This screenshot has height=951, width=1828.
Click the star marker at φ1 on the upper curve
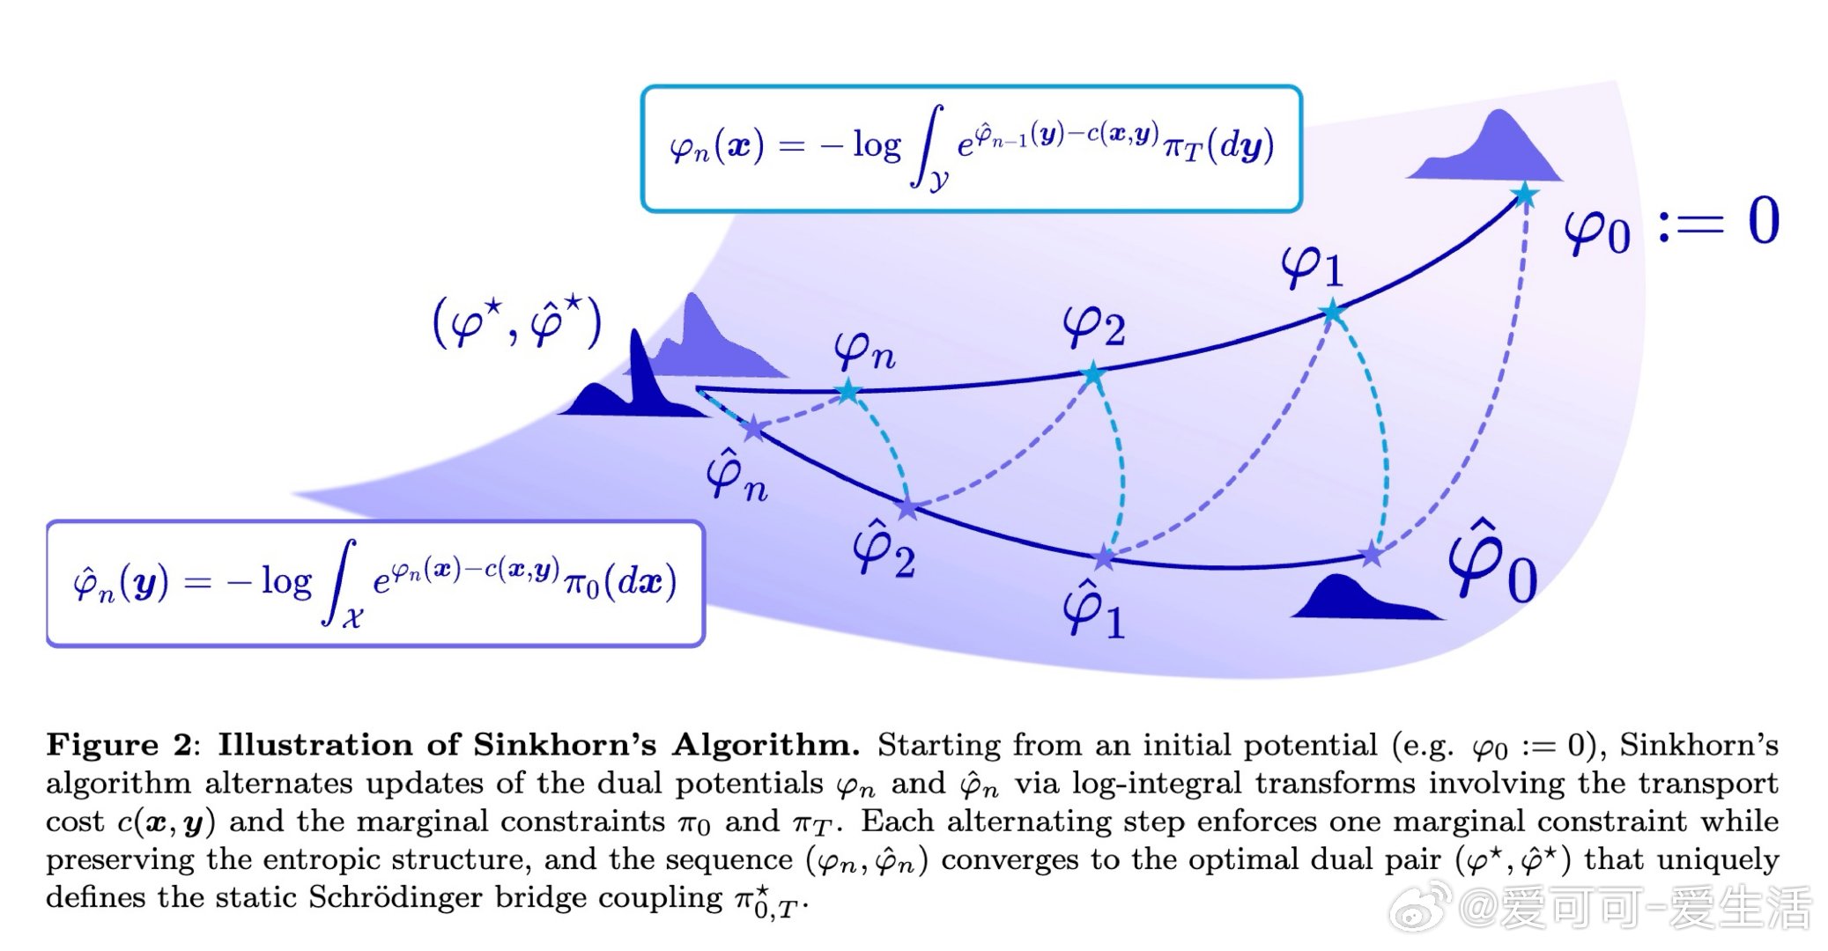click(1333, 312)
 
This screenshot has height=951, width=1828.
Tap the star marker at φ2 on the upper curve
click(1092, 374)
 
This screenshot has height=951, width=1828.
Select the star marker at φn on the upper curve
click(847, 391)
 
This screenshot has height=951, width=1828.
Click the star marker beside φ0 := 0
click(1524, 195)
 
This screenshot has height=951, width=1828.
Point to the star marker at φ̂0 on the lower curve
click(1372, 554)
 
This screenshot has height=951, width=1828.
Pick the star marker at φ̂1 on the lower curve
click(1104, 557)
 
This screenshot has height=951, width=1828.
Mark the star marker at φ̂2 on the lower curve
click(907, 507)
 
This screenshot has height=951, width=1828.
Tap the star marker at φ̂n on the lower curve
click(754, 430)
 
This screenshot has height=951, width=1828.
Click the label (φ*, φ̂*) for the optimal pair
click(516, 323)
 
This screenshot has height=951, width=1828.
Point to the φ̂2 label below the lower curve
click(883, 551)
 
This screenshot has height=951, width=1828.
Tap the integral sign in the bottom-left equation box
click(341, 583)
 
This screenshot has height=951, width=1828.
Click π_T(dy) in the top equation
click(1218, 146)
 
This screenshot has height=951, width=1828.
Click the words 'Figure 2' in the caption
click(119, 745)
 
